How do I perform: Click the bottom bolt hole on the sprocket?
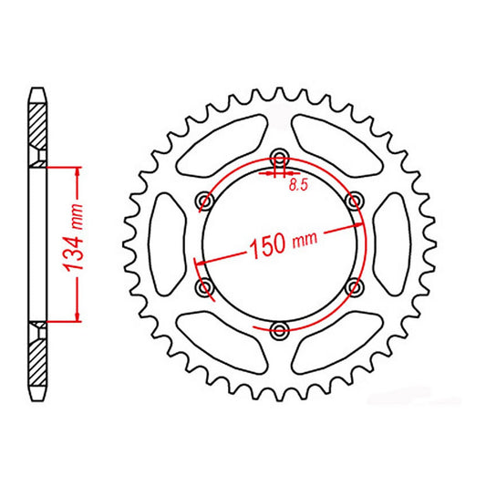pyautogui.click(x=280, y=327)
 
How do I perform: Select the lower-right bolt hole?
pyautogui.click(x=355, y=285)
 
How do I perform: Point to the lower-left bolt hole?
pyautogui.click(x=205, y=287)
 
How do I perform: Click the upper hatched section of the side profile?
pyautogui.click(x=36, y=130)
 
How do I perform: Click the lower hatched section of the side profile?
pyautogui.click(x=36, y=357)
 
